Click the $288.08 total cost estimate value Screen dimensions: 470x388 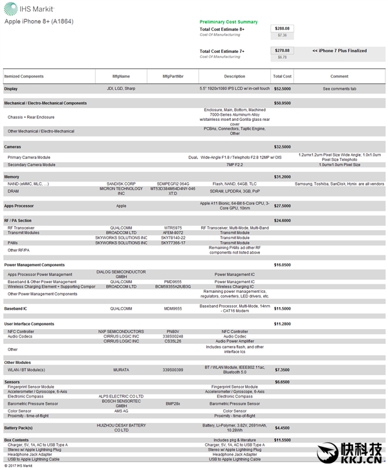point(282,28)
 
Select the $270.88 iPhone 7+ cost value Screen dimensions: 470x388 point(282,50)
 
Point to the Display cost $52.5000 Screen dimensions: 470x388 point(282,88)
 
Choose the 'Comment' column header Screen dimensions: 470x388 point(339,76)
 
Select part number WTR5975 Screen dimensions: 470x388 point(173,228)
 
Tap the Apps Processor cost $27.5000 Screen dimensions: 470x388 point(282,206)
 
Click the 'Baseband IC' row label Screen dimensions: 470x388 point(17,308)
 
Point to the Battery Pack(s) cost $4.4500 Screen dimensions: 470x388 point(282,427)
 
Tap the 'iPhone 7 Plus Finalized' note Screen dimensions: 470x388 point(339,50)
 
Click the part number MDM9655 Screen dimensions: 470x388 point(173,308)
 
